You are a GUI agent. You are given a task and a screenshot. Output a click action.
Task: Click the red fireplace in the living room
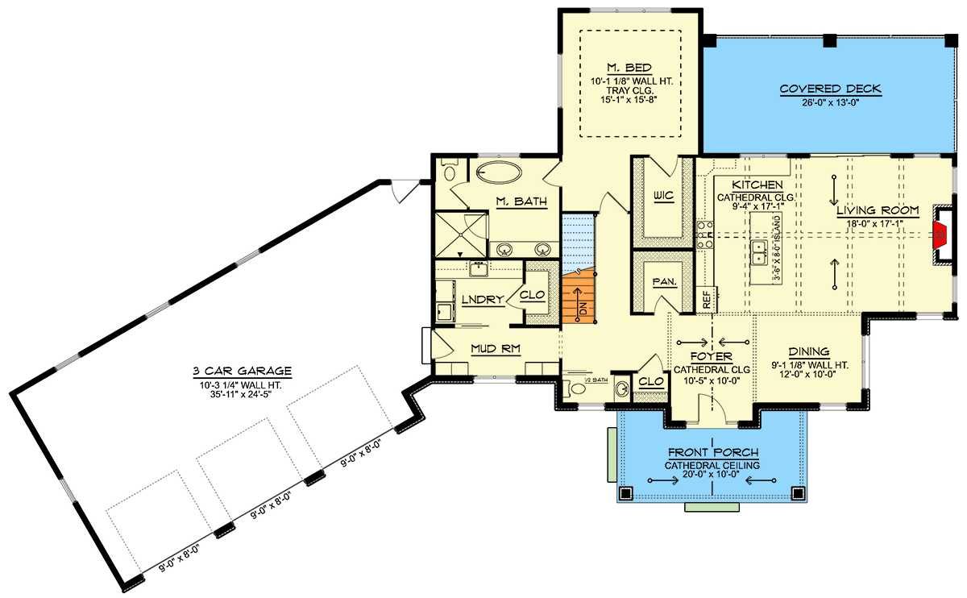pos(940,235)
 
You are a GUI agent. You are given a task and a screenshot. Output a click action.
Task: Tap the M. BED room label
pos(629,68)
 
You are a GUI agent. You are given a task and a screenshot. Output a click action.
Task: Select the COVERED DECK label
pos(830,89)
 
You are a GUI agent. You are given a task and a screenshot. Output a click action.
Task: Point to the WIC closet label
pos(663,196)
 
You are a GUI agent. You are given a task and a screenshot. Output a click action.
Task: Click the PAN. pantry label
pos(664,282)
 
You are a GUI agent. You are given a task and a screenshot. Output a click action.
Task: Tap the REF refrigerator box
pos(706,300)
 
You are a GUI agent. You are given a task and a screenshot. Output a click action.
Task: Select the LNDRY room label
pos(483,300)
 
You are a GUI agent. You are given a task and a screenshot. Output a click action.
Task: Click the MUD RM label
pos(495,349)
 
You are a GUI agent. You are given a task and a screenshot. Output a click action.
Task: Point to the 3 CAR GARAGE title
pos(243,371)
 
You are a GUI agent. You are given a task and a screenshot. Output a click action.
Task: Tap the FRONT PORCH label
pos(713,452)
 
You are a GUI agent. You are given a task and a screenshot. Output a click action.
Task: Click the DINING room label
pos(809,352)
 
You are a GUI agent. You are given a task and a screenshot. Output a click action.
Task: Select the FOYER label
pos(711,357)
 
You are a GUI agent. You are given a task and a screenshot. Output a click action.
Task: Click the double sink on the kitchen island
pos(758,251)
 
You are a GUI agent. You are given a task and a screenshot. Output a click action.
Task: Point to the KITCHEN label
pos(757,185)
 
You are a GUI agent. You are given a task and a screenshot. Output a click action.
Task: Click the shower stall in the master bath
pos(461,235)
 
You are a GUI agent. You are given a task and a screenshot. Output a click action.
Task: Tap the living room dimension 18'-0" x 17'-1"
pos(878,224)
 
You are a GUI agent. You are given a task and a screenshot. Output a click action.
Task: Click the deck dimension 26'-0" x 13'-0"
pos(830,103)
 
